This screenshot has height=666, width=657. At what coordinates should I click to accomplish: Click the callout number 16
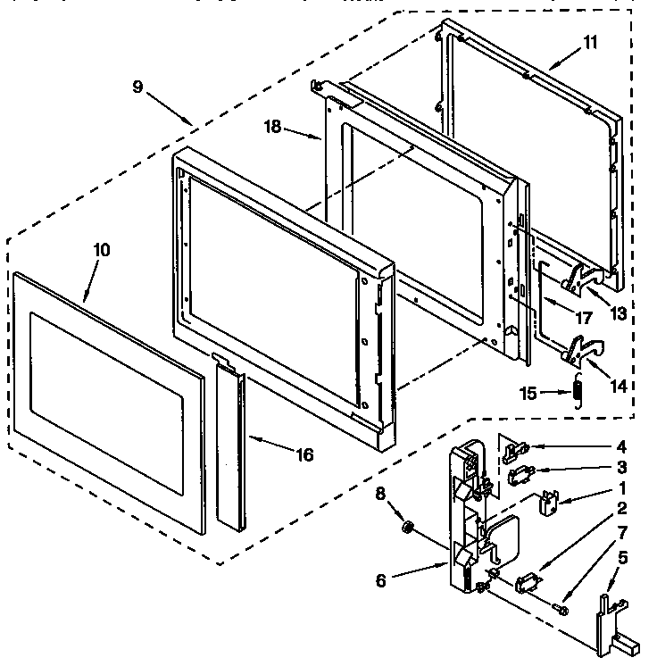click(304, 454)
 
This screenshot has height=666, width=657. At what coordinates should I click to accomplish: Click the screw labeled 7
click(561, 609)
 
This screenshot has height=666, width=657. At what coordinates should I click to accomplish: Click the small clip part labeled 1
click(546, 502)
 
